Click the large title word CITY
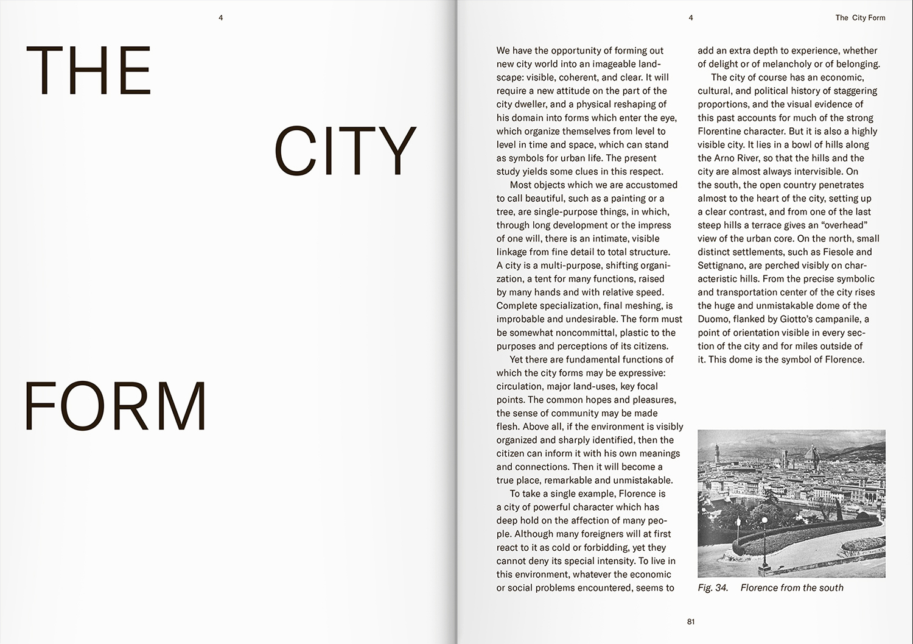pos(345,150)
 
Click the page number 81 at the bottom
pos(691,622)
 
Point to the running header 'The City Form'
pos(860,18)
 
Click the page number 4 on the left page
pos(221,18)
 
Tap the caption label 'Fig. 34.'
pos(713,587)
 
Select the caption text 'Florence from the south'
pos(792,587)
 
